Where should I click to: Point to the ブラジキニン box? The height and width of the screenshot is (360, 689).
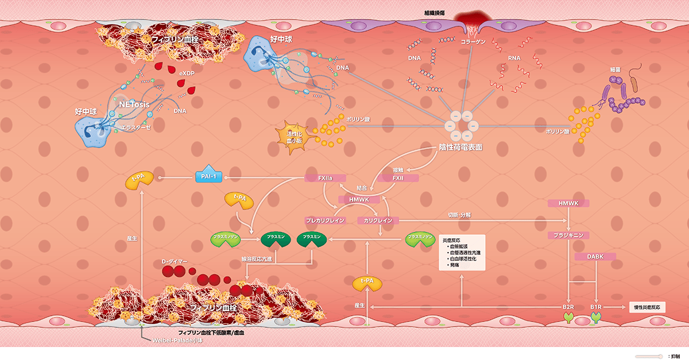tap(568, 235)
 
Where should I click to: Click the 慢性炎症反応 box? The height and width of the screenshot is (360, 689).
tap(648, 307)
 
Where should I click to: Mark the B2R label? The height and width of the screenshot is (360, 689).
tap(568, 308)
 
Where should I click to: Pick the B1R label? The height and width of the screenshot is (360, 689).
tap(597, 308)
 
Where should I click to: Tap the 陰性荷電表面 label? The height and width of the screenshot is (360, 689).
tap(460, 147)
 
